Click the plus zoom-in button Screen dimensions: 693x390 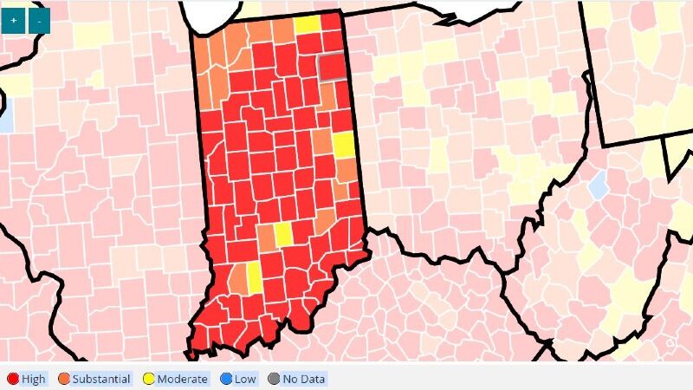coord(14,20)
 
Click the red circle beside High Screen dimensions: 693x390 coord(13,379)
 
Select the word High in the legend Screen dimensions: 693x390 coord(34,379)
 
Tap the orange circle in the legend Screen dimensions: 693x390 coord(63,379)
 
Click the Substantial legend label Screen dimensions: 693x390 coord(101,379)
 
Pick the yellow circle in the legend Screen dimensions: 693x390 coord(148,379)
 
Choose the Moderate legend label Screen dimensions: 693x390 coord(182,379)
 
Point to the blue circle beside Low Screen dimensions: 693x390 coord(225,379)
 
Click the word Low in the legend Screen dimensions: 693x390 coord(246,379)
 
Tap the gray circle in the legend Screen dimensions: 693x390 coord(274,379)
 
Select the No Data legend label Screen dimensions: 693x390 coord(301,379)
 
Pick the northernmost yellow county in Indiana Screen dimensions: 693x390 coord(308,24)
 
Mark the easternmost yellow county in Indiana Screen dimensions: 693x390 coord(344,145)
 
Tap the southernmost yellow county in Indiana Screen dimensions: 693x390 coord(255,277)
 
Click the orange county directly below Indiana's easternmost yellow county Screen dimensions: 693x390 coord(345,170)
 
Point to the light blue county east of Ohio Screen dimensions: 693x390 coord(597,184)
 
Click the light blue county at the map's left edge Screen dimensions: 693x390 coord(6,114)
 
